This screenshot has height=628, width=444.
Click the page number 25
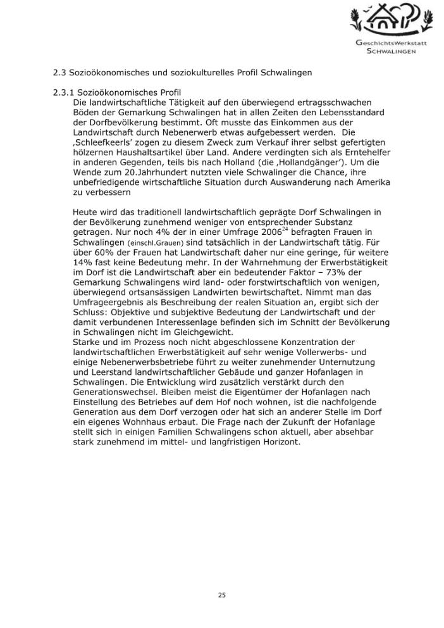coord(221,595)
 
